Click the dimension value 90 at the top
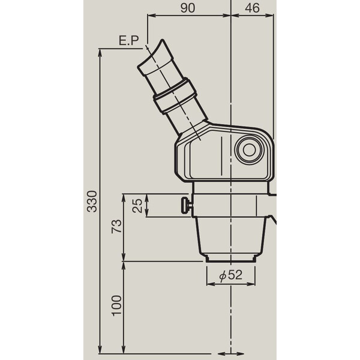(x=188, y=8)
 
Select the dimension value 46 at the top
(x=253, y=8)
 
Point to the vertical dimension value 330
(x=91, y=202)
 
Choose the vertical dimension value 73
(x=117, y=226)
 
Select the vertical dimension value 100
(x=117, y=307)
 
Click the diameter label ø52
(x=231, y=275)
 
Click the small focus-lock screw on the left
(x=186, y=205)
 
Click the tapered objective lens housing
(x=232, y=236)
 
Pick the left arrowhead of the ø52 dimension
(x=208, y=284)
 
